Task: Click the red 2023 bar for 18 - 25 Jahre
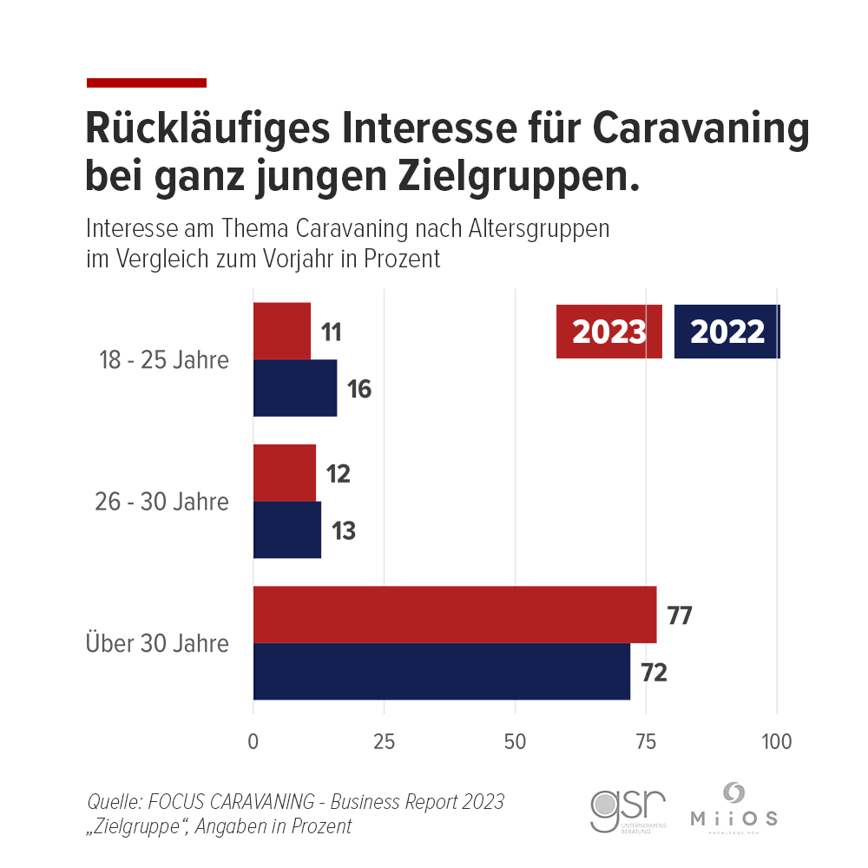tap(282, 331)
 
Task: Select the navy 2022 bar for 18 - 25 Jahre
tap(295, 388)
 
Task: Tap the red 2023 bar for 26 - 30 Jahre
tap(285, 473)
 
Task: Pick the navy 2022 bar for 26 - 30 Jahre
tap(287, 529)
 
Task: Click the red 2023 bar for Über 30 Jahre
tap(455, 615)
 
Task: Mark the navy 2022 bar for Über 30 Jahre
tap(442, 671)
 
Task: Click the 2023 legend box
tap(609, 332)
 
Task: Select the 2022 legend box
tap(727, 332)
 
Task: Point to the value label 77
tap(680, 616)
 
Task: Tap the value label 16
tap(359, 390)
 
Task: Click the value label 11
tap(331, 332)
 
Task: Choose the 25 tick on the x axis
tap(385, 743)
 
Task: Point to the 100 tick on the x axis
tap(777, 743)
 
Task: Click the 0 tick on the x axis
tap(253, 743)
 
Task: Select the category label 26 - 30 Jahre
tap(161, 502)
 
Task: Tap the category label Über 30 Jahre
tap(157, 644)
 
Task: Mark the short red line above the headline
tap(147, 82)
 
